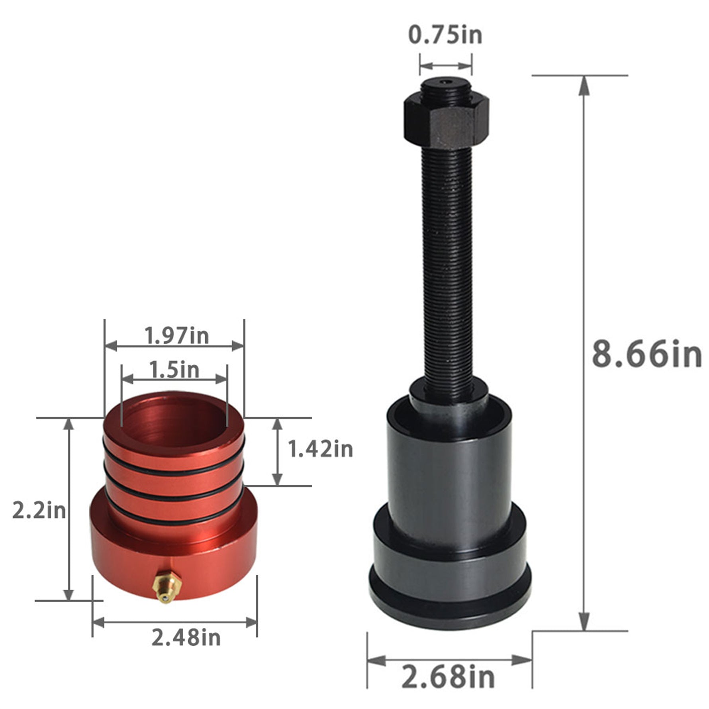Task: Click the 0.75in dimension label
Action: click(445, 35)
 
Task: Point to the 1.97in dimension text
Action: click(176, 335)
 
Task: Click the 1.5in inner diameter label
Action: click(174, 369)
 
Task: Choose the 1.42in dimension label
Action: click(320, 449)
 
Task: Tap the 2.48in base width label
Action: click(186, 638)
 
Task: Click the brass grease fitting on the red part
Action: click(168, 588)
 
